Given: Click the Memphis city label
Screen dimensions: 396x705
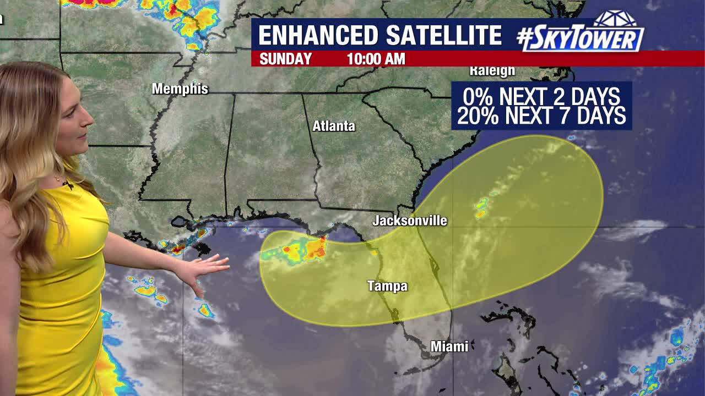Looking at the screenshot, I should click(x=180, y=89).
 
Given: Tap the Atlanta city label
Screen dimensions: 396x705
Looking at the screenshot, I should click(x=334, y=126).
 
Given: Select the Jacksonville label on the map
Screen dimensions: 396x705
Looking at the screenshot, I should click(x=410, y=221).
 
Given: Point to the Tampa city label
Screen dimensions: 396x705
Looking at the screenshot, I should click(x=388, y=286).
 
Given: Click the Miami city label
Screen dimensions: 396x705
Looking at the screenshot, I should click(x=449, y=346).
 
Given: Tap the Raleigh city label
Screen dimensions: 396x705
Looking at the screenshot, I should click(x=492, y=70).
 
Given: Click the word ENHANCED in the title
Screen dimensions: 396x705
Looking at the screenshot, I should click(x=318, y=36).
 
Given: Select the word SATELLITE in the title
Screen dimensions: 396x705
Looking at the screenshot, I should click(x=443, y=36).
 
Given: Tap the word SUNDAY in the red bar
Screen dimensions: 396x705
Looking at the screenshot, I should click(x=285, y=59).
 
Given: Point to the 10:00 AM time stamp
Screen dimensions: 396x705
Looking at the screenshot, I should click(x=376, y=59).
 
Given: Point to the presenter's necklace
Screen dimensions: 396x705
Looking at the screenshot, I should click(x=58, y=179).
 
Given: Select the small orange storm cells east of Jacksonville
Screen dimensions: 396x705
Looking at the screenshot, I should click(x=481, y=208).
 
